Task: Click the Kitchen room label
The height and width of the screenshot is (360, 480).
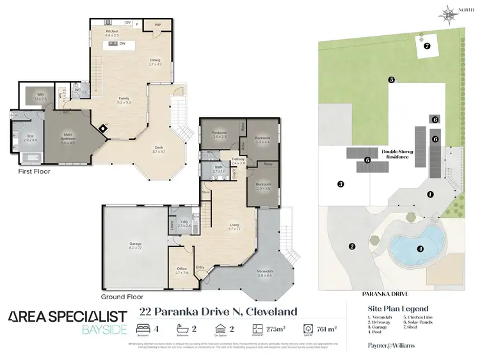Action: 112,31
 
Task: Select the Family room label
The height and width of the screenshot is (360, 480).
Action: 124,99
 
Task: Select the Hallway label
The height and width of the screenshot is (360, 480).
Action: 238,160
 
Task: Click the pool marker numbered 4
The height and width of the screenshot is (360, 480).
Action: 420,248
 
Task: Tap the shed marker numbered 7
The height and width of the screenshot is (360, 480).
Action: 427,45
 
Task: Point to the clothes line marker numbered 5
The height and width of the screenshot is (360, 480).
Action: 390,79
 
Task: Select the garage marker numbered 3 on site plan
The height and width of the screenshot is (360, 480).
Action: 340,184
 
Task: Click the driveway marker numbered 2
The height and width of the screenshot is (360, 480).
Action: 351,246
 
